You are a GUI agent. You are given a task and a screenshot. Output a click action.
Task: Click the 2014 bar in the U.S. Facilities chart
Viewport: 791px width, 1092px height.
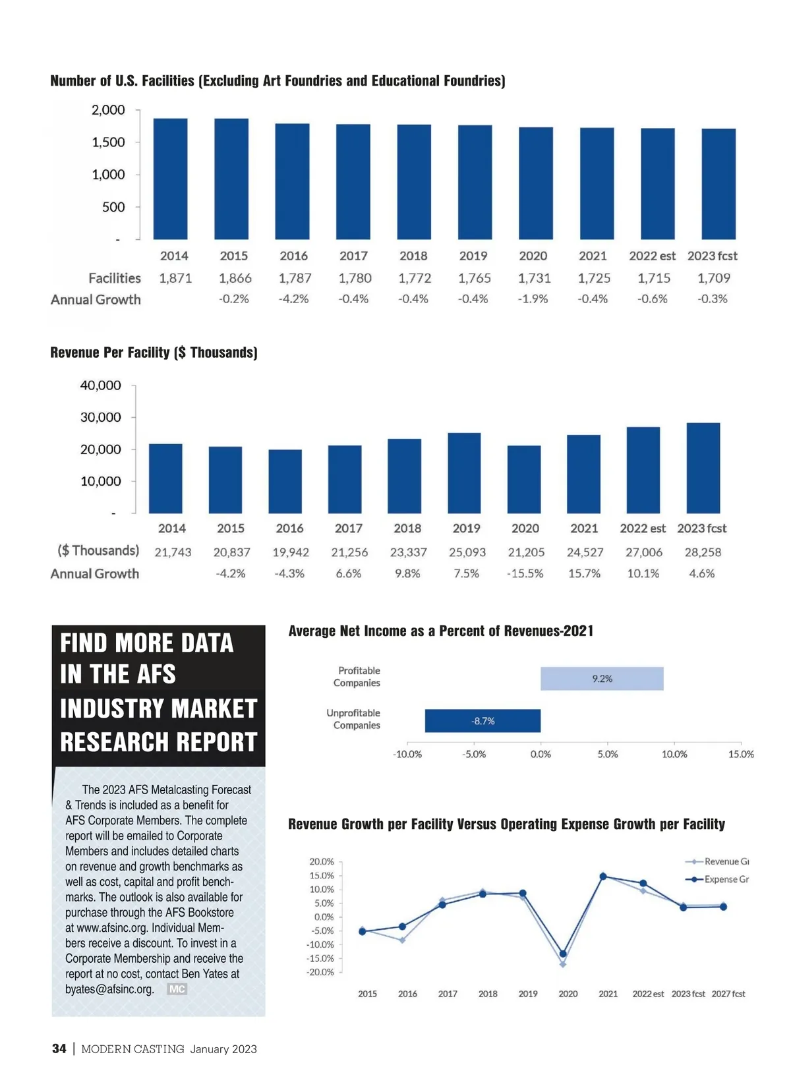170,179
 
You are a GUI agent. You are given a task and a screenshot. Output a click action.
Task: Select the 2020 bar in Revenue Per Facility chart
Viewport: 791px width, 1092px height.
524,479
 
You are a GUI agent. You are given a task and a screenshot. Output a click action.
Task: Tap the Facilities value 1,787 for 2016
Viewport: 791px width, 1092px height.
295,278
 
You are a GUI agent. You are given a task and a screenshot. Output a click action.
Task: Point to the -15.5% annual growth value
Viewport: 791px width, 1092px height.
525,573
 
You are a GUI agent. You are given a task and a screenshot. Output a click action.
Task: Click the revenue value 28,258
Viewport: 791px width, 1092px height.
703,552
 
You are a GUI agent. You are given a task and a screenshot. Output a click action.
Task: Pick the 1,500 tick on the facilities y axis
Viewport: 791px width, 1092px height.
108,142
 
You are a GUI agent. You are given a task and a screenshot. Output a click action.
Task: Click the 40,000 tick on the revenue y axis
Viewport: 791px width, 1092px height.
101,385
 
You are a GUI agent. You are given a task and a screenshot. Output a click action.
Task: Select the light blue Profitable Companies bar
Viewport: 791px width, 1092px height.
601,679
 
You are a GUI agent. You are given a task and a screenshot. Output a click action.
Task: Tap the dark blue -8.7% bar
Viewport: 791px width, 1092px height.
483,721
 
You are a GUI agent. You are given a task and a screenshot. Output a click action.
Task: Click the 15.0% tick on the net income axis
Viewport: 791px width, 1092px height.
741,754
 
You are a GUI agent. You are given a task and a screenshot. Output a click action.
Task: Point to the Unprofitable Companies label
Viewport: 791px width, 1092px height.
355,719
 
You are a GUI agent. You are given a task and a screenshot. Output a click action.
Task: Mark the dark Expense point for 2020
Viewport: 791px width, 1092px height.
563,954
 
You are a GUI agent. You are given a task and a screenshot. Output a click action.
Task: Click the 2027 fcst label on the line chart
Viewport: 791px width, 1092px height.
728,994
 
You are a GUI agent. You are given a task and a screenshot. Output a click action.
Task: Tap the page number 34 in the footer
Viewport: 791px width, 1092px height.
59,1049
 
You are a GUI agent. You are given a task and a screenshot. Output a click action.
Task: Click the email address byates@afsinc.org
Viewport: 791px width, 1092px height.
109,989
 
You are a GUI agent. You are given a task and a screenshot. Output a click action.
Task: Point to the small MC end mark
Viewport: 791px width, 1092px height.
177,989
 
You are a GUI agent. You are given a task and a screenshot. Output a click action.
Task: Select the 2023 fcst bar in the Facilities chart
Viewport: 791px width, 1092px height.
718,184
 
